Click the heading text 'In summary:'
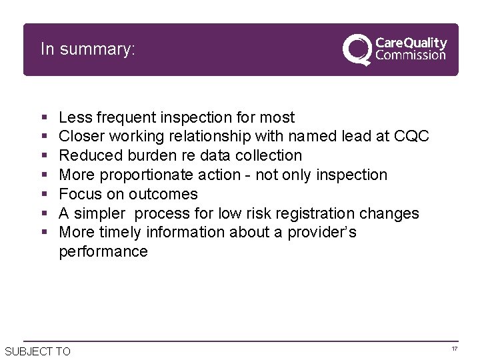[x=87, y=49]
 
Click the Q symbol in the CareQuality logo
[x=357, y=50]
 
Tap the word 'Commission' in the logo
[x=411, y=56]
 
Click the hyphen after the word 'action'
[x=248, y=175]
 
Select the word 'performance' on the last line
[x=103, y=252]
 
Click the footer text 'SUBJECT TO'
[x=37, y=351]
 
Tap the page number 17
[x=454, y=349]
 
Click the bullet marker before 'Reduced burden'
[x=44, y=156]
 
